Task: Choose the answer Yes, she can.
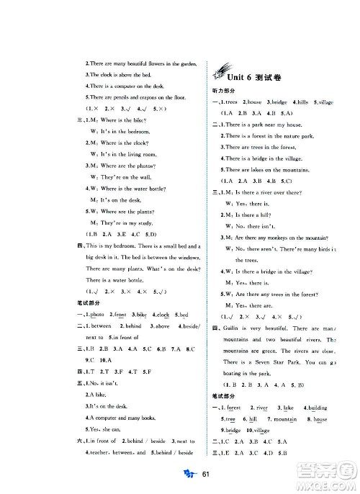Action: (102, 428)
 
